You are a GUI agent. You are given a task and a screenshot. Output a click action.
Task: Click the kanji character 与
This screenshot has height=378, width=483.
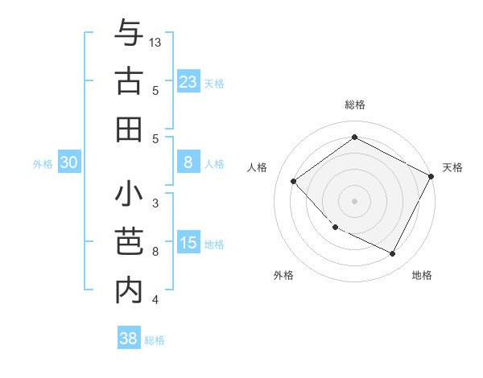click(x=130, y=34)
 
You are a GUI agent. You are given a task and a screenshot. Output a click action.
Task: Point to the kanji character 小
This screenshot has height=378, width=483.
click(x=130, y=195)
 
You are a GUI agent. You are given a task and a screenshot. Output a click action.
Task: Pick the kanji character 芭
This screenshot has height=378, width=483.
click(x=130, y=242)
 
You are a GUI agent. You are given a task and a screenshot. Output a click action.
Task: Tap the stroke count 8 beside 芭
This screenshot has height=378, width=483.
click(x=155, y=252)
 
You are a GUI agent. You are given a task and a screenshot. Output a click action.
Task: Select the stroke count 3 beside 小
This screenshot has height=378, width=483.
click(x=155, y=204)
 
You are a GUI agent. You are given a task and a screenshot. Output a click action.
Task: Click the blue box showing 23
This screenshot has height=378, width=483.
click(x=188, y=81)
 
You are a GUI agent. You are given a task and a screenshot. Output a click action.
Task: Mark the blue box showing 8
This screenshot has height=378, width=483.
click(x=188, y=162)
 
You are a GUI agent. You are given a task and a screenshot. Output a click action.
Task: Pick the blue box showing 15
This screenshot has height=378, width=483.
click(x=188, y=243)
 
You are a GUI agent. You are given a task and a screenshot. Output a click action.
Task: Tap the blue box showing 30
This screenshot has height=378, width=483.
click(x=69, y=162)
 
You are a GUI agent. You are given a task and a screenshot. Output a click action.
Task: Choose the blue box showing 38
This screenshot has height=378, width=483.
click(x=129, y=339)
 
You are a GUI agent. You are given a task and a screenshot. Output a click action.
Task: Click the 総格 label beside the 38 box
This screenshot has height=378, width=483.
click(x=155, y=340)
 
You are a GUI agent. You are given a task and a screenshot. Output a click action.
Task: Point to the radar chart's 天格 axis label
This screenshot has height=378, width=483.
click(x=452, y=167)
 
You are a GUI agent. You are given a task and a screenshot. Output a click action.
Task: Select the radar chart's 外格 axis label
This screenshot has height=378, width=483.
click(x=283, y=275)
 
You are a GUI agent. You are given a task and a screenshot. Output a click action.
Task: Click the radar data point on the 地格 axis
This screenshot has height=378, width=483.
click(x=393, y=254)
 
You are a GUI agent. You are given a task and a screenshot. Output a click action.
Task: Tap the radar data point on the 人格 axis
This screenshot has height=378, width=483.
click(x=294, y=181)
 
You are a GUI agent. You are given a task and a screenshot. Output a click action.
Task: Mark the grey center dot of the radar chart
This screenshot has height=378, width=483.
click(x=354, y=200)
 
